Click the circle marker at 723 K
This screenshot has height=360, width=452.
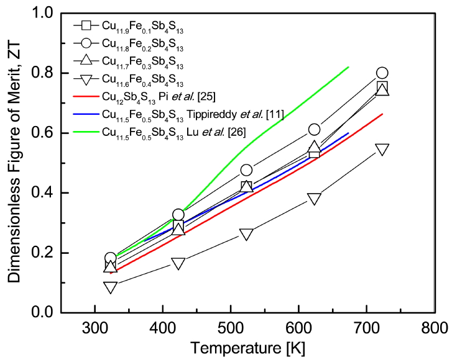click(382, 73)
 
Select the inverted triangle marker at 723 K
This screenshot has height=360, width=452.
click(382, 149)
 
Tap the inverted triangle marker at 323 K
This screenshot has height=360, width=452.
click(111, 287)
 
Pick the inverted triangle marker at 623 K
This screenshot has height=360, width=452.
click(314, 199)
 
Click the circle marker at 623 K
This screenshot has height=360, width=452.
click(314, 130)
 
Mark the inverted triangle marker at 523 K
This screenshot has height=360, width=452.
click(246, 234)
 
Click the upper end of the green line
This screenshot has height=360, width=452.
click(349, 67)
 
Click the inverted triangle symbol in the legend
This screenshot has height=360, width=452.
click(87, 78)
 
